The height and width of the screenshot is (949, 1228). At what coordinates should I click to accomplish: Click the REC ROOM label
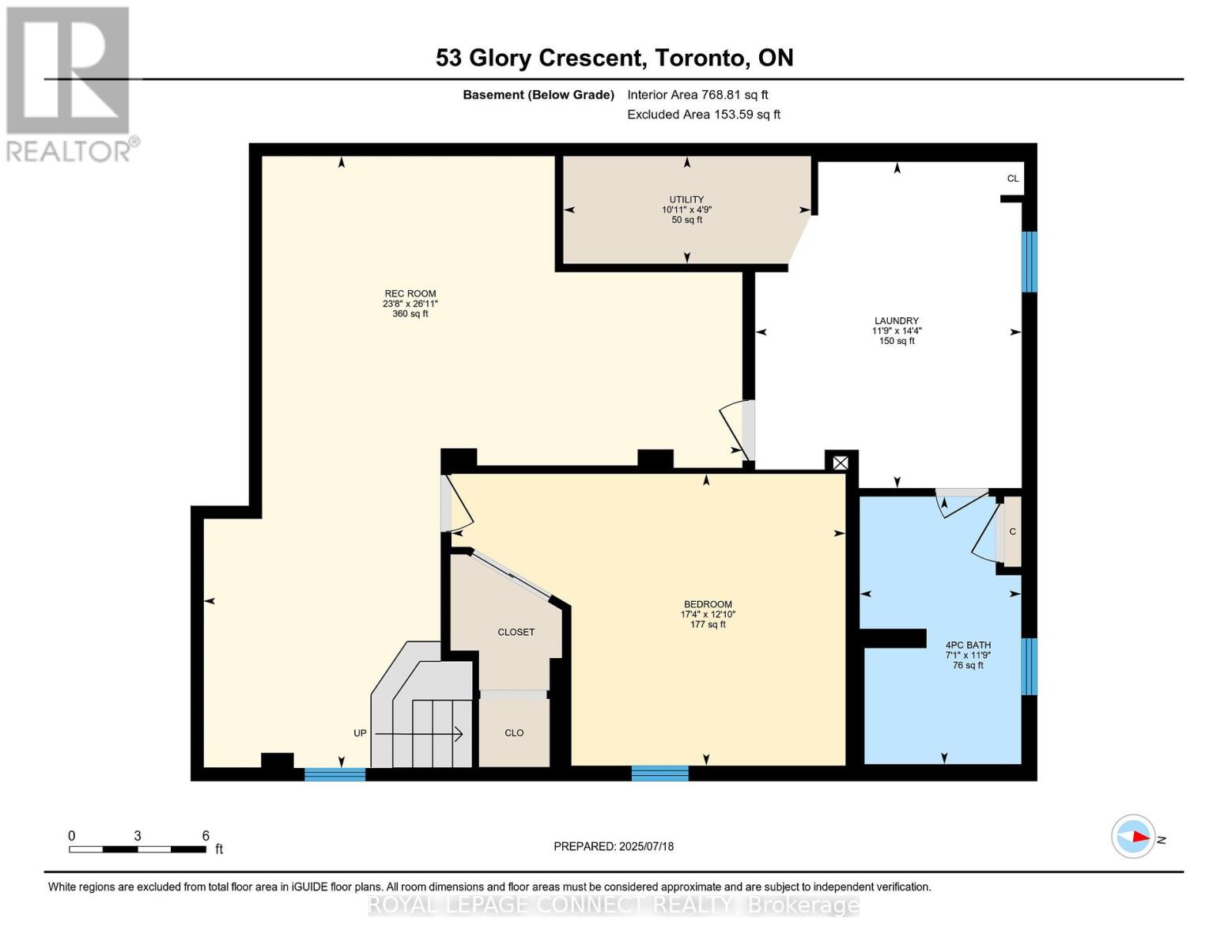[x=410, y=294]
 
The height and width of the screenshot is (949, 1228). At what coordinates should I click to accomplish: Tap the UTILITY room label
[x=686, y=199]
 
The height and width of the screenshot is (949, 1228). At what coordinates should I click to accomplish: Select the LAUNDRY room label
[x=897, y=320]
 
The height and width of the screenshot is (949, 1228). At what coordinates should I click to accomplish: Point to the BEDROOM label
[x=708, y=604]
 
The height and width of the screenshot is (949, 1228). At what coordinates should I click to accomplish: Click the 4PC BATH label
[x=968, y=645]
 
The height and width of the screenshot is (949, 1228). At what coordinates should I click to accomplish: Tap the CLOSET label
[x=516, y=632]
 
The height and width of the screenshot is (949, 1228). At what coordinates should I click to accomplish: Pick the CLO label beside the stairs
[x=514, y=732]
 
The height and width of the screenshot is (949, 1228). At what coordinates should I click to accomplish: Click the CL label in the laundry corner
[x=1013, y=179]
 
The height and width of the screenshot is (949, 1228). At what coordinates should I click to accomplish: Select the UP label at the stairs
[x=360, y=733]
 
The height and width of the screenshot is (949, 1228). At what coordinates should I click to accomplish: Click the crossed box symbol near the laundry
[x=841, y=463]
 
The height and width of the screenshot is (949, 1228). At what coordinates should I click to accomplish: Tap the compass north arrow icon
[x=1133, y=837]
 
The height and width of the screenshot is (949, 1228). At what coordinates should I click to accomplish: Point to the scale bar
[x=138, y=849]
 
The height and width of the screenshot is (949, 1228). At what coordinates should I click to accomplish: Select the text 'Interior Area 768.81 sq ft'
[x=697, y=95]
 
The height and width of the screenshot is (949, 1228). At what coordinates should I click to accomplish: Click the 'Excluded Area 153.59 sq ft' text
[x=704, y=115]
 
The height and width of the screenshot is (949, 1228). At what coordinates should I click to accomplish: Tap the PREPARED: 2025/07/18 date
[x=614, y=846]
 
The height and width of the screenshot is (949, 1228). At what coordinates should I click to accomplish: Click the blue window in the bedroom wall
[x=660, y=773]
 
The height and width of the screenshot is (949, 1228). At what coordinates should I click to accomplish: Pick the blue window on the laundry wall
[x=1030, y=262]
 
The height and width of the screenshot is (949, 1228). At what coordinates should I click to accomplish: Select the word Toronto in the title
[x=698, y=58]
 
